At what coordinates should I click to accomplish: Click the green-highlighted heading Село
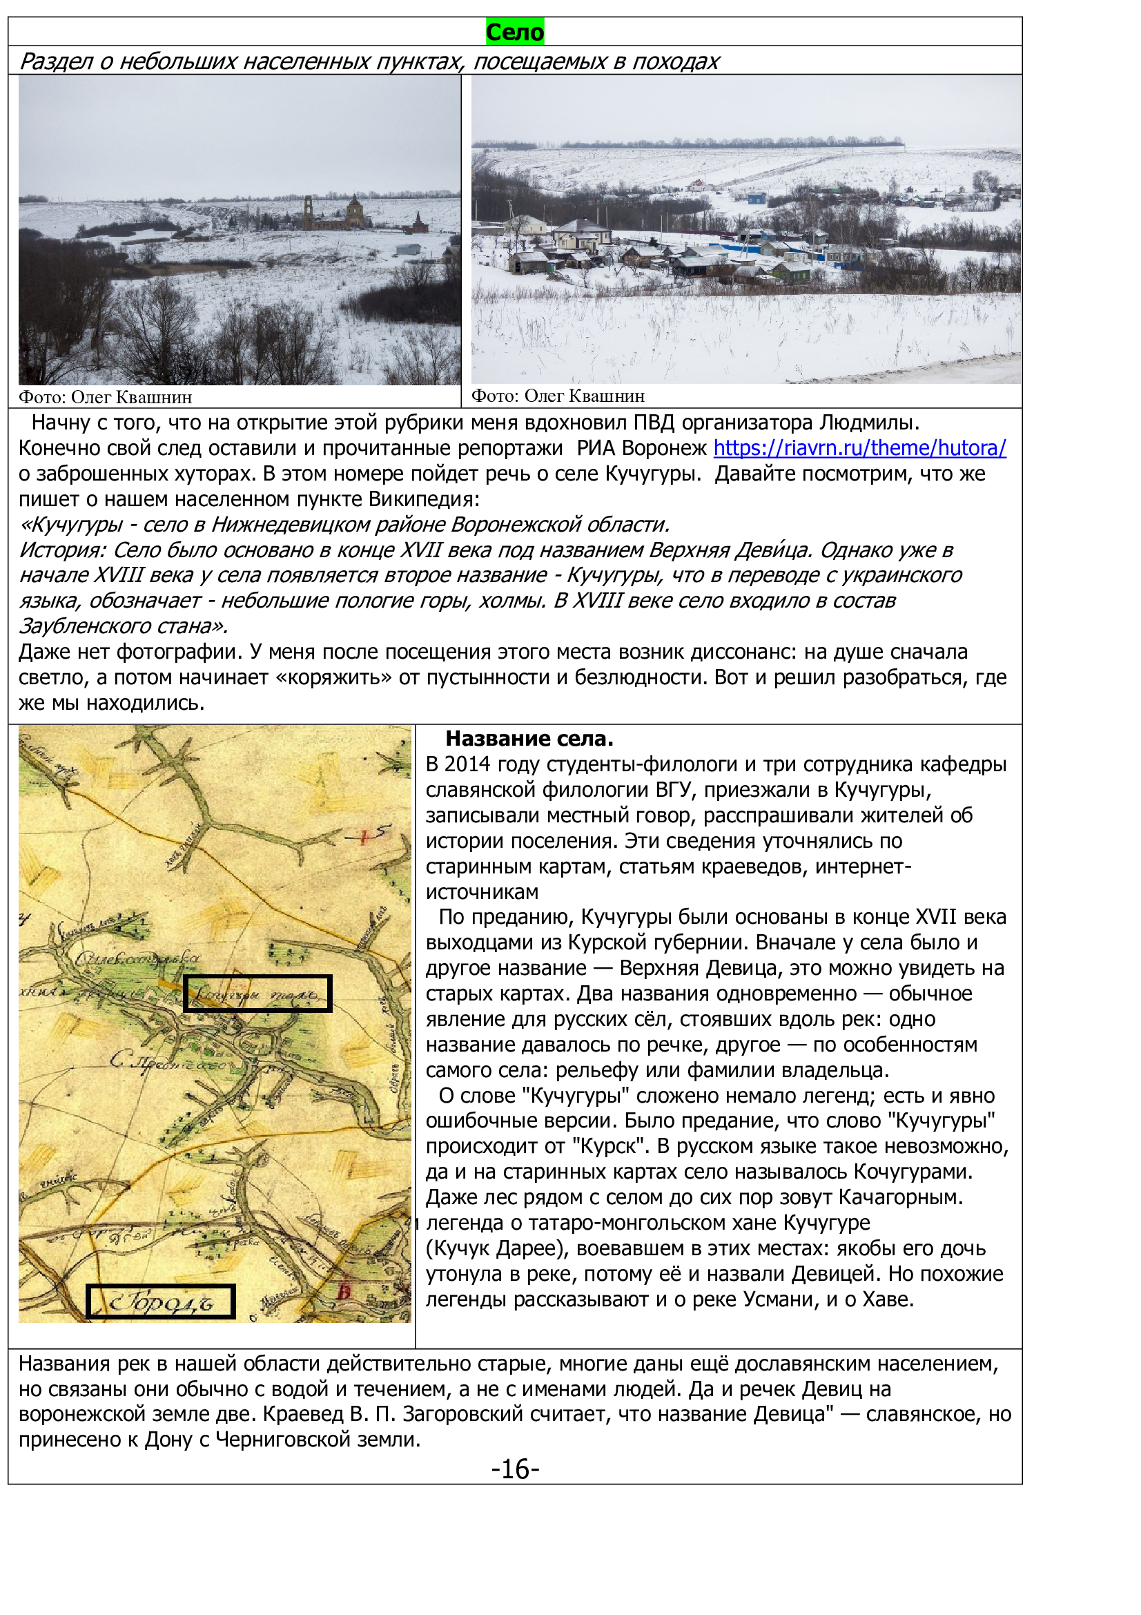point(515,32)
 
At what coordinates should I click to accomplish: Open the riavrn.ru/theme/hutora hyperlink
point(859,448)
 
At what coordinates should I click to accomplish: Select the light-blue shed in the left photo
point(409,249)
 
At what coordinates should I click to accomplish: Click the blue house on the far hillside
point(757,197)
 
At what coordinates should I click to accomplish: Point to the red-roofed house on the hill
point(696,185)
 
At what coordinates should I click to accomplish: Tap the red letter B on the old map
point(344,1291)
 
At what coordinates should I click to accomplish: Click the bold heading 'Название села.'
point(529,739)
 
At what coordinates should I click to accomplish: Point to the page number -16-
point(515,1469)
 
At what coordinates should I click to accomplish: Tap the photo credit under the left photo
point(106,397)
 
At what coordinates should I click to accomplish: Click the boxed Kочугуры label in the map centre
point(257,993)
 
